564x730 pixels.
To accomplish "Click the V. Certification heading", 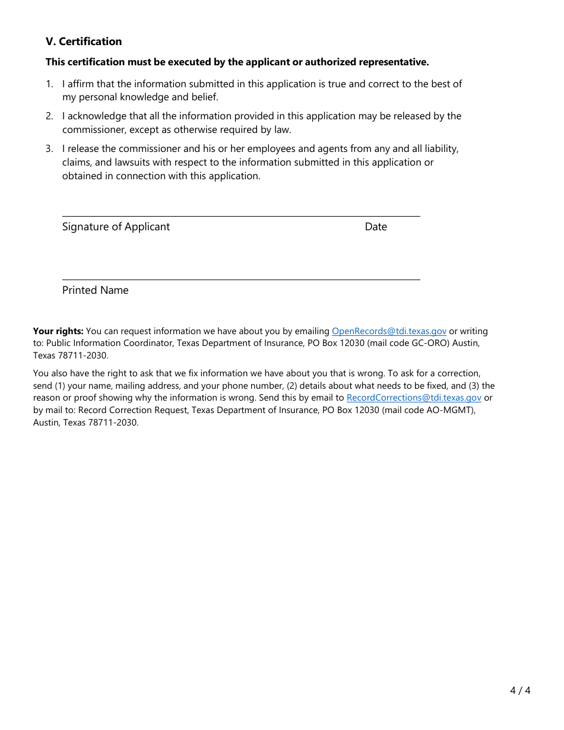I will pyautogui.click(x=84, y=42).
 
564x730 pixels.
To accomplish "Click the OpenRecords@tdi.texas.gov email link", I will pyautogui.click(x=389, y=331).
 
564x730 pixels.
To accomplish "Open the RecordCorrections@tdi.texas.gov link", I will pyautogui.click(x=414, y=398).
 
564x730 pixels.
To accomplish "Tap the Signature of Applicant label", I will pyautogui.click(x=116, y=227).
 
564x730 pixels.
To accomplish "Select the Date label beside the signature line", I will pyautogui.click(x=376, y=227).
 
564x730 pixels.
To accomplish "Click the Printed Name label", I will pyautogui.click(x=95, y=290).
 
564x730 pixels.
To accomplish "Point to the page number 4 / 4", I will pyautogui.click(x=520, y=690).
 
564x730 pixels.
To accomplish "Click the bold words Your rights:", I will pyautogui.click(x=58, y=331).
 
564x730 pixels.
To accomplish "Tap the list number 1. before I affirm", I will pyautogui.click(x=50, y=84).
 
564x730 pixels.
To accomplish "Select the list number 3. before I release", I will pyautogui.click(x=50, y=149).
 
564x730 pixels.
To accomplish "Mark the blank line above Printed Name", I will pyautogui.click(x=241, y=279).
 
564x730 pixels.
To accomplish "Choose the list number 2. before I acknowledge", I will pyautogui.click(x=50, y=116).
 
